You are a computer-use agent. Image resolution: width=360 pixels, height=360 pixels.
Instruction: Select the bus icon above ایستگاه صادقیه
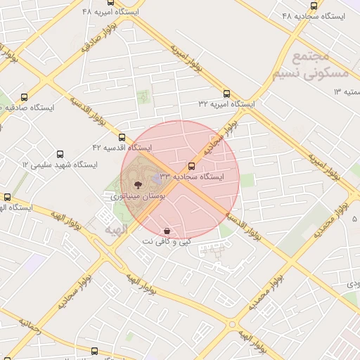click(25, 98)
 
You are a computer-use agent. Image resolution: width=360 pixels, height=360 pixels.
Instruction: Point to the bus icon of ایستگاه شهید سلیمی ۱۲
click(60, 154)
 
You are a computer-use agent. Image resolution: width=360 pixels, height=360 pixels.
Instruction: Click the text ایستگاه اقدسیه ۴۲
click(122, 148)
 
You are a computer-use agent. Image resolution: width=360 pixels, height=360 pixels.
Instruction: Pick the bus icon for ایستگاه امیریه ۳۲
click(226, 94)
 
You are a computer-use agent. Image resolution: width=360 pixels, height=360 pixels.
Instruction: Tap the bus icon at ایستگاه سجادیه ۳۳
click(192, 166)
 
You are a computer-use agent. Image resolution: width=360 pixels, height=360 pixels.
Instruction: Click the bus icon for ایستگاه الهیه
click(8, 198)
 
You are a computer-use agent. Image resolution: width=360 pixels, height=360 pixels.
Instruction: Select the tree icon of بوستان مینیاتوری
click(136, 186)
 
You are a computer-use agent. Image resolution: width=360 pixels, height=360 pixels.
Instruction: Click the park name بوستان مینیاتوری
click(138, 198)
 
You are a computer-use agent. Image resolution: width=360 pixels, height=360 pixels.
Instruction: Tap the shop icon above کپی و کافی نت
click(167, 231)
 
